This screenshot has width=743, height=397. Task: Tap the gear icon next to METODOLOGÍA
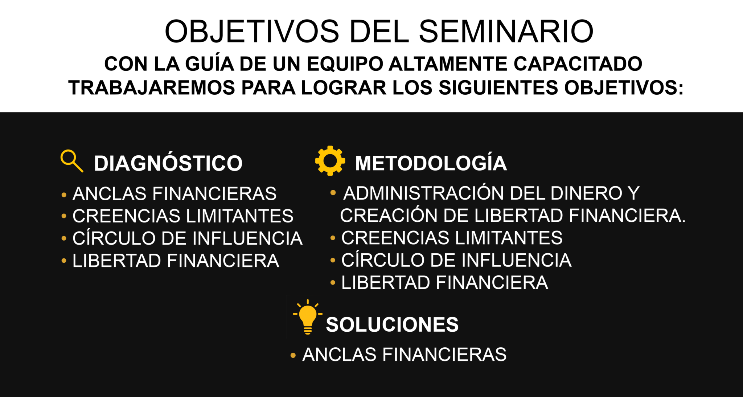pyautogui.click(x=330, y=161)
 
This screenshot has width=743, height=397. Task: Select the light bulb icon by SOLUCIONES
pyautogui.click(x=308, y=317)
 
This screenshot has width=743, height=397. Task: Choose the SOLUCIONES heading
pyautogui.click(x=392, y=324)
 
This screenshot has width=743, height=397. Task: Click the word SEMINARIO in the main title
pyautogui.click(x=506, y=31)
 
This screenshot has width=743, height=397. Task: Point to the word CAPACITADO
pyautogui.click(x=578, y=64)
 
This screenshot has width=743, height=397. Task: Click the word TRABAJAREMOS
pyautogui.click(x=152, y=88)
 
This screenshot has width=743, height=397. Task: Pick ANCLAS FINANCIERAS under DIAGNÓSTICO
pyautogui.click(x=175, y=193)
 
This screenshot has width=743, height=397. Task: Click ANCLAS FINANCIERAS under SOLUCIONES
pyautogui.click(x=405, y=355)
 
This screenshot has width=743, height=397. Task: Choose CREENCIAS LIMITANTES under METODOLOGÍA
pyautogui.click(x=452, y=238)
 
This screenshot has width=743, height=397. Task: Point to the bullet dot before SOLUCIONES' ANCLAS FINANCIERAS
pyautogui.click(x=293, y=356)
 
